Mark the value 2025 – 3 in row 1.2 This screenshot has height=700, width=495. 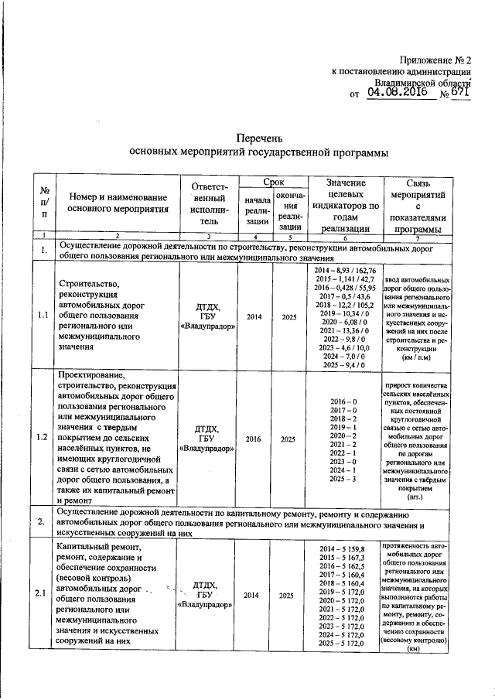345,480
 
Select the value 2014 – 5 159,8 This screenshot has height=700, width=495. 345,549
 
